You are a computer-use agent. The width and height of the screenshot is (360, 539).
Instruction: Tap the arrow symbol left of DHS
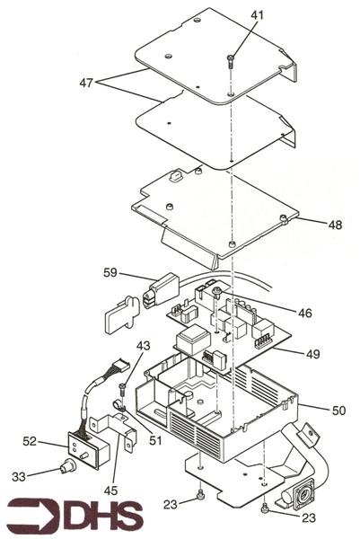click(27, 515)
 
